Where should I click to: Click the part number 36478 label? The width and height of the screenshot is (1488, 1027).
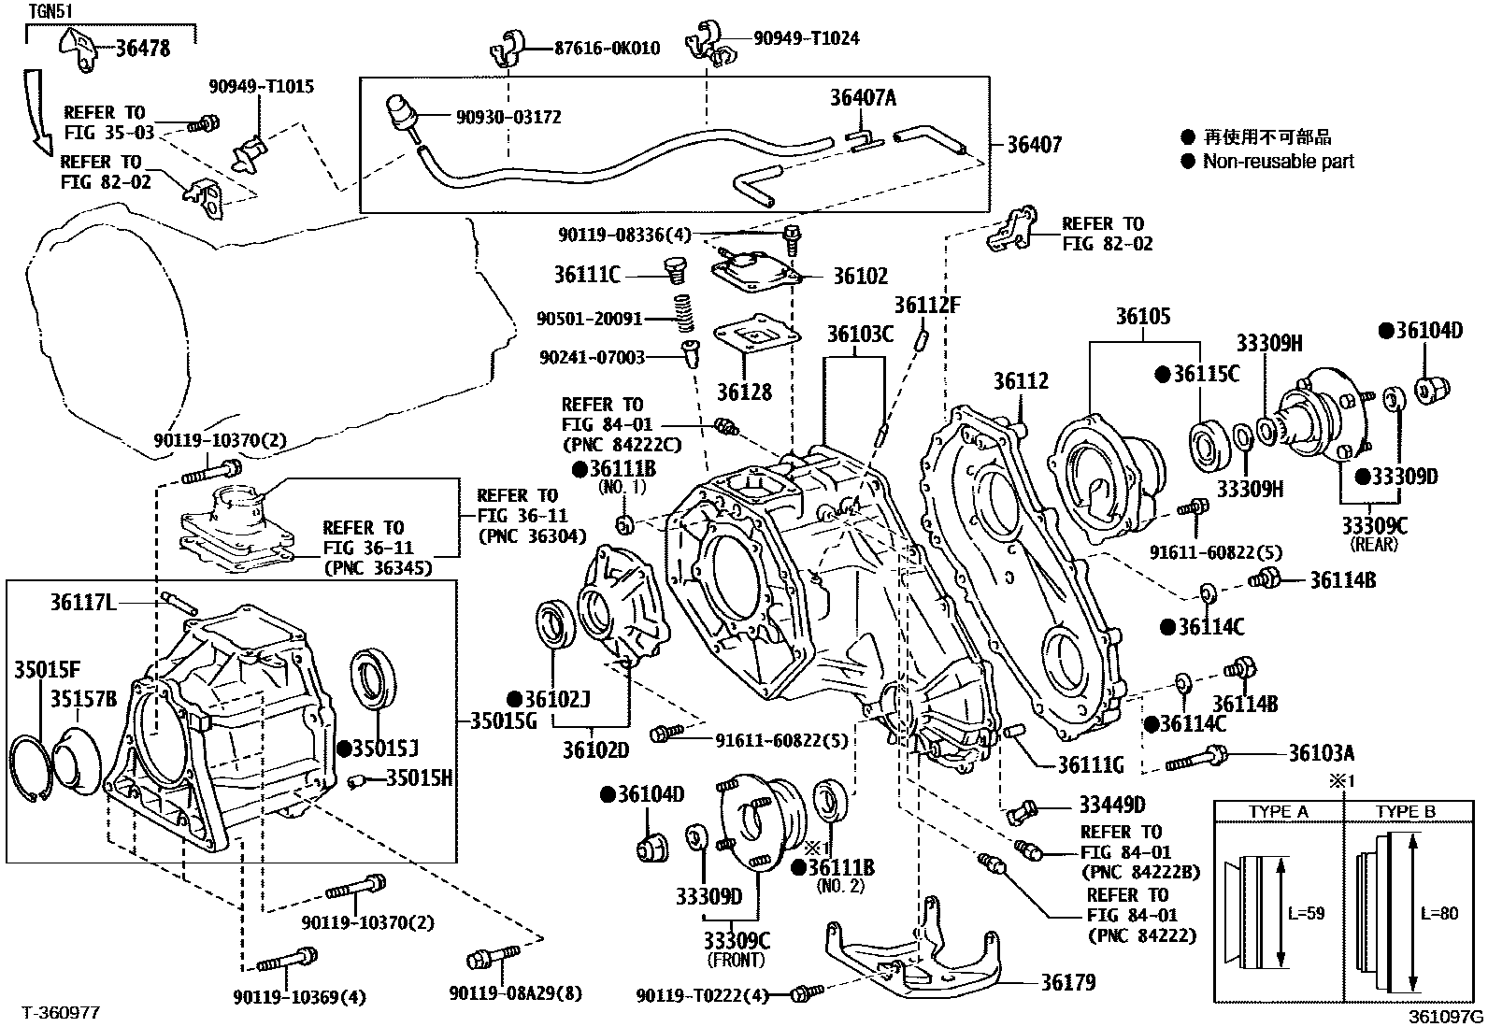click(x=142, y=49)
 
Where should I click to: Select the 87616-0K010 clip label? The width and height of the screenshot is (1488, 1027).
click(x=607, y=48)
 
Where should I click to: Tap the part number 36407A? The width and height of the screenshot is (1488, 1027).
click(x=863, y=98)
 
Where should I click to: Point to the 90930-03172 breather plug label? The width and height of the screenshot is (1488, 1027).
click(x=508, y=118)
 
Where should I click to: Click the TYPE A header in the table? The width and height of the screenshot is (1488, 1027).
click(x=1278, y=812)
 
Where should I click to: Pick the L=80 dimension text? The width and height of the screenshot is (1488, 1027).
click(x=1438, y=913)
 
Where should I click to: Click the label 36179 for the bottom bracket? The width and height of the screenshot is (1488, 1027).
click(x=1068, y=982)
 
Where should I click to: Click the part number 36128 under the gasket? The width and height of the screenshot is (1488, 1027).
click(x=744, y=392)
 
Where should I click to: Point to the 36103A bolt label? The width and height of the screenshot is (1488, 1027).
click(x=1321, y=753)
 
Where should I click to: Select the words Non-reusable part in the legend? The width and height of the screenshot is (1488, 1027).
click(x=1278, y=162)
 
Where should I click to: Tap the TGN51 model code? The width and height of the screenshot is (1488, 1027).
click(x=51, y=11)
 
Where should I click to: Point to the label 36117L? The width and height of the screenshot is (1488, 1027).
click(x=83, y=604)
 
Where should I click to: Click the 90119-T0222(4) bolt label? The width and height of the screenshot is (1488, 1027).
click(x=702, y=996)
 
